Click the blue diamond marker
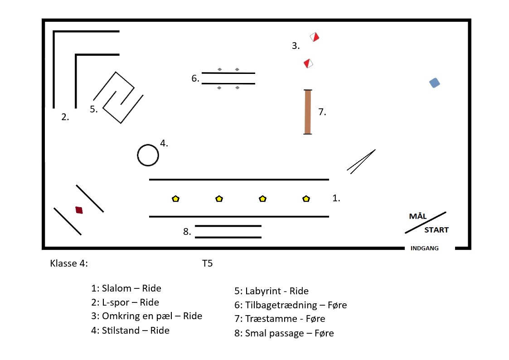pos(435,83)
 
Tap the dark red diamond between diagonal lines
pos(79,210)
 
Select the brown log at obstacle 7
pos(308,112)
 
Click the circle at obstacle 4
pos(148,156)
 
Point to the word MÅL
pos(418,216)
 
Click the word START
pos(436,230)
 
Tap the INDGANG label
pos(424,248)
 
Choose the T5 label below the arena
pos(207,263)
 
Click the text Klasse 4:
pos(69,263)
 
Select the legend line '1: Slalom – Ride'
pos(126,288)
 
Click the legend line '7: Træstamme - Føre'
pos(280,319)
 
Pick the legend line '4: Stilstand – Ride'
pos(130,331)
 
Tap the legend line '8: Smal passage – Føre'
pos(284,333)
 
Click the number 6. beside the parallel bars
pos(195,78)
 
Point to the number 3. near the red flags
pos(296,45)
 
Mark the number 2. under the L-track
pos(65,117)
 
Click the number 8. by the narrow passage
pos(187,232)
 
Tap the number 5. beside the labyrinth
pos(94,109)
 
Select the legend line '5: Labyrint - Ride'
pos(271,291)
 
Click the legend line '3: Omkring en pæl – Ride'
pos(146,316)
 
